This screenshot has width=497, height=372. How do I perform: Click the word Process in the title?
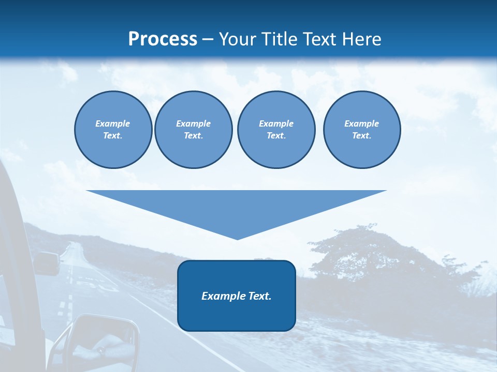click(163, 39)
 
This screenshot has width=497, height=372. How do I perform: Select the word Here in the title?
click(361, 39)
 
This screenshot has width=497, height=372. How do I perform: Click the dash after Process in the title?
click(208, 40)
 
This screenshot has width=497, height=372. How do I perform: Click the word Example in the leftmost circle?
click(113, 123)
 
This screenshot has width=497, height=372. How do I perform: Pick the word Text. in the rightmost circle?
click(361, 135)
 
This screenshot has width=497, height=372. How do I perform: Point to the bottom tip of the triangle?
click(237, 239)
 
